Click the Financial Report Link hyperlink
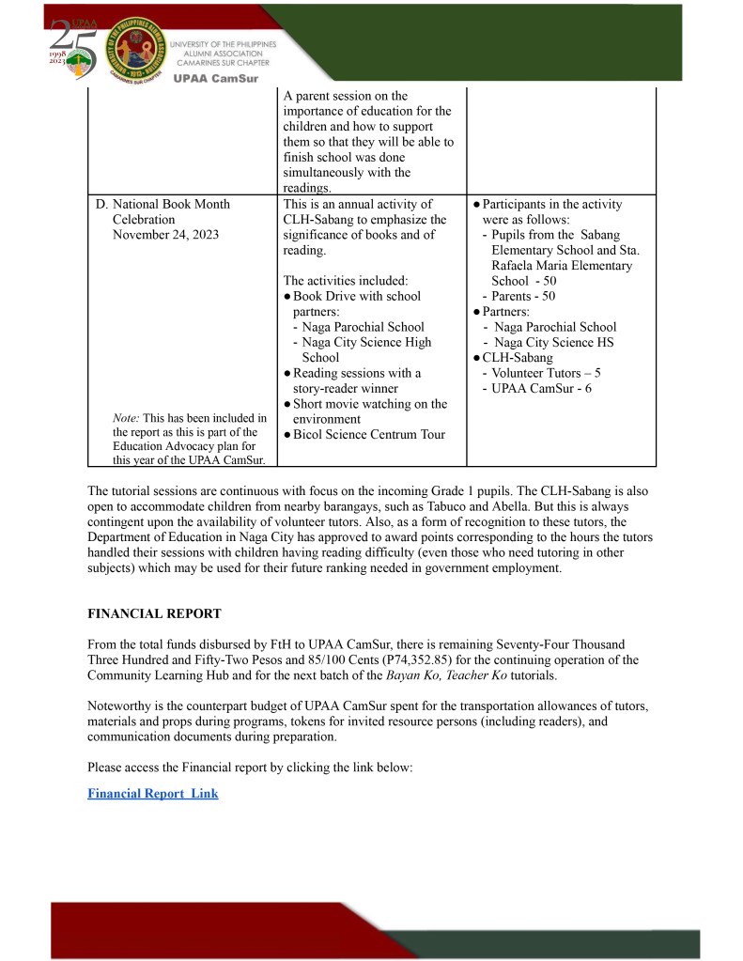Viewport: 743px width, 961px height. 152,794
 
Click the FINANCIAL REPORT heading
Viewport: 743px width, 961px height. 154,613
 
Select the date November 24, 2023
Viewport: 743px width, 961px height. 165,234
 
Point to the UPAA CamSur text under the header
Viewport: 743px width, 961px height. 215,78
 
